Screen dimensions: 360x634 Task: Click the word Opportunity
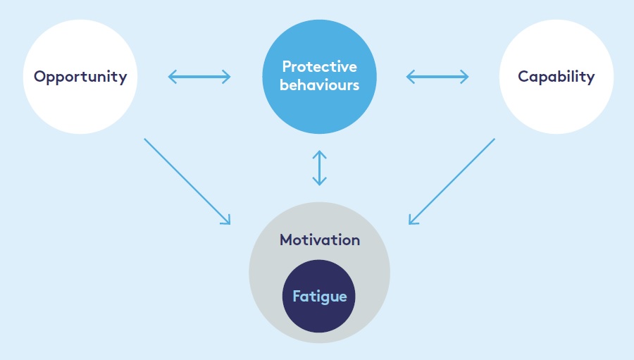pyautogui.click(x=80, y=77)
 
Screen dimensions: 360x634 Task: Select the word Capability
pyautogui.click(x=556, y=77)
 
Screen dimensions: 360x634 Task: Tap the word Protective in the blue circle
pyautogui.click(x=319, y=67)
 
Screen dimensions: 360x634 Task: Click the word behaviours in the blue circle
pyautogui.click(x=319, y=85)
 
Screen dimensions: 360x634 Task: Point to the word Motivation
pyautogui.click(x=319, y=240)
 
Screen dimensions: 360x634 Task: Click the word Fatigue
pyautogui.click(x=319, y=296)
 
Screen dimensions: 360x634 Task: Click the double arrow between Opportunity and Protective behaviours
pyautogui.click(x=199, y=76)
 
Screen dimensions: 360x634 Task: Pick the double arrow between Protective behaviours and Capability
pyautogui.click(x=437, y=76)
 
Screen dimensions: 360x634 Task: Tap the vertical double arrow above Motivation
pyautogui.click(x=320, y=167)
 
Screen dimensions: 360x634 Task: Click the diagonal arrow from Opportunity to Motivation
pyautogui.click(x=187, y=181)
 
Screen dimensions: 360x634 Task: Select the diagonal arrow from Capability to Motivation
pyautogui.click(x=452, y=181)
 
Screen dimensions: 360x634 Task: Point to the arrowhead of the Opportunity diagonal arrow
pyautogui.click(x=227, y=221)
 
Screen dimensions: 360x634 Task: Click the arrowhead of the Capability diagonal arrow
pyautogui.click(x=412, y=221)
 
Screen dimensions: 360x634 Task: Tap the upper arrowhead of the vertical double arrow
pyautogui.click(x=320, y=154)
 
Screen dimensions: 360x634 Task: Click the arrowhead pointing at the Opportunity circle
pyautogui.click(x=171, y=76)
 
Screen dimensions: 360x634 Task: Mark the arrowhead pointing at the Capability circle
pyautogui.click(x=466, y=76)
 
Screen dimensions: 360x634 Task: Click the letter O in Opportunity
pyautogui.click(x=40, y=76)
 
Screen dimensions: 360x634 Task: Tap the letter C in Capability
pyautogui.click(x=523, y=76)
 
